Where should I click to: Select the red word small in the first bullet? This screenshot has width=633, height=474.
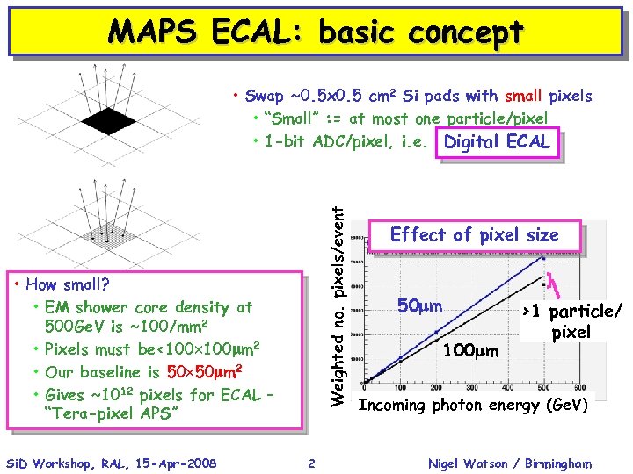pyautogui.click(x=524, y=96)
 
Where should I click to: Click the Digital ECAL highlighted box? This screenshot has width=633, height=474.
pyautogui.click(x=497, y=142)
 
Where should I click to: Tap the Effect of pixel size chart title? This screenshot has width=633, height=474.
pyautogui.click(x=474, y=235)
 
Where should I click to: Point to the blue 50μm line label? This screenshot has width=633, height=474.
pyautogui.click(x=419, y=306)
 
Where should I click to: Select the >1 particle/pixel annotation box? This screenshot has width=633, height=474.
pyautogui.click(x=571, y=322)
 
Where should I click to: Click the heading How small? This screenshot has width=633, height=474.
pyautogui.click(x=68, y=284)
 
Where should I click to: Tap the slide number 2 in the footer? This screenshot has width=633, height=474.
pyautogui.click(x=312, y=463)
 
